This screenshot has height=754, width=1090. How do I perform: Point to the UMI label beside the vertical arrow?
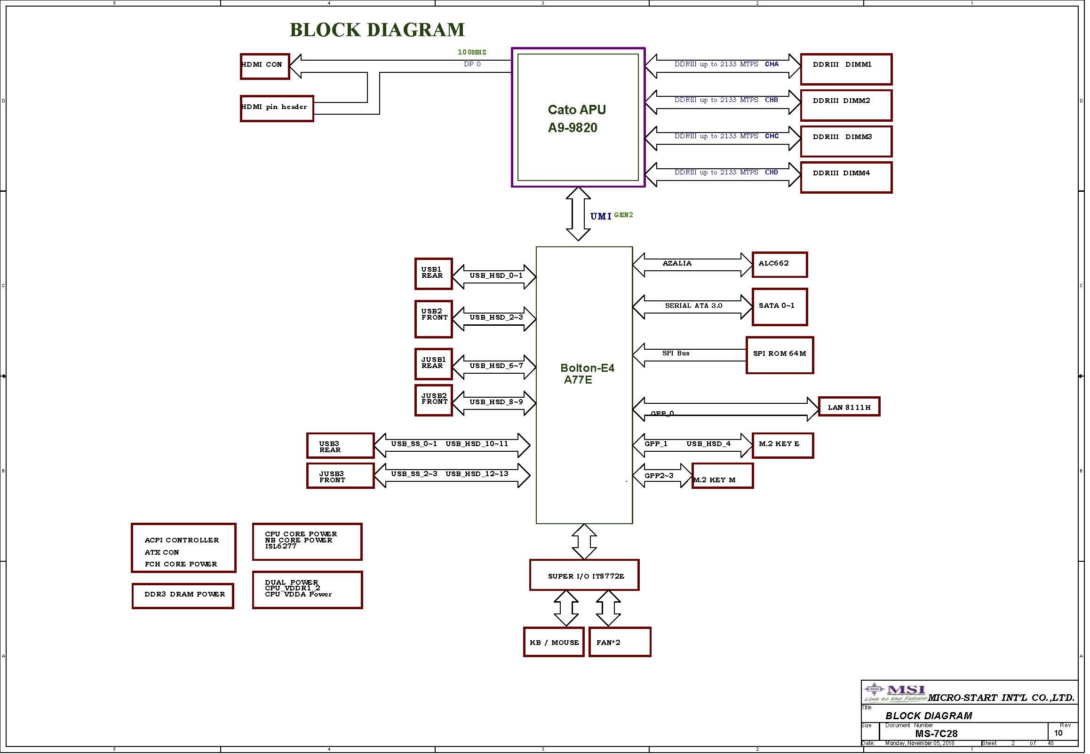point(601,216)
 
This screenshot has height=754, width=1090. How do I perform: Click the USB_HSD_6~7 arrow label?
point(496,366)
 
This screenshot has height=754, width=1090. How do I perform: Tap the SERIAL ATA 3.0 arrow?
point(692,306)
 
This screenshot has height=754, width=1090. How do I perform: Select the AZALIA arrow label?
point(677,263)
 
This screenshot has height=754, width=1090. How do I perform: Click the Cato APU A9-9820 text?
point(576,118)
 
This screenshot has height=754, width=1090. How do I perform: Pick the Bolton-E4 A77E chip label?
point(587,374)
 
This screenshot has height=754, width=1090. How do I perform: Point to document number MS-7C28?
point(936,734)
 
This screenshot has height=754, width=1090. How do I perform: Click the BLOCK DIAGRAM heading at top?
point(377,30)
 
